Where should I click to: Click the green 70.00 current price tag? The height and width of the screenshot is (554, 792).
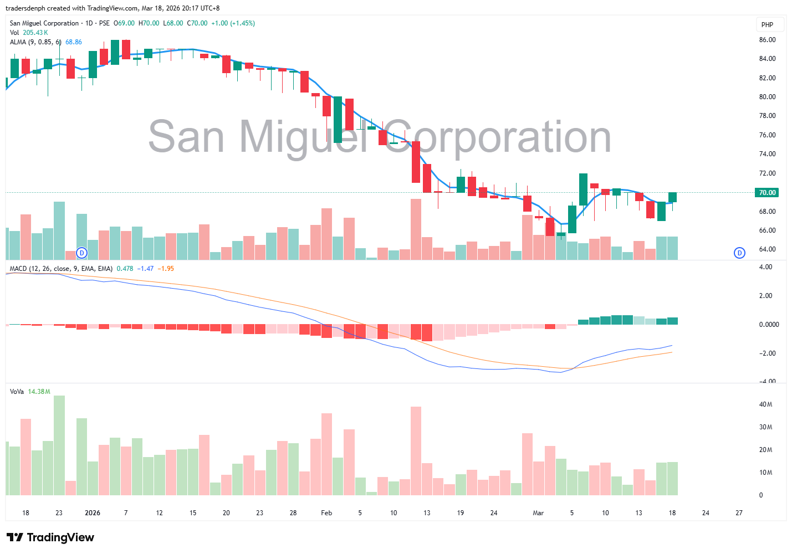[x=767, y=193]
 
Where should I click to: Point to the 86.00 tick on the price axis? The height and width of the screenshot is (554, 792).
[x=767, y=40]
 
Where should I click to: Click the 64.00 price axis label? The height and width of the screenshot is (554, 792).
[x=767, y=249]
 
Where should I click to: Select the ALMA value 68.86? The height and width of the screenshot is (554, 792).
[x=74, y=42]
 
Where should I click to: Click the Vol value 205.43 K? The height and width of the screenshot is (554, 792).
[x=35, y=33]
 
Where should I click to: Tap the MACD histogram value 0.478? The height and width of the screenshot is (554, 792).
[x=125, y=269]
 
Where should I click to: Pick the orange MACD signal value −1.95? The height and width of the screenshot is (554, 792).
[x=166, y=269]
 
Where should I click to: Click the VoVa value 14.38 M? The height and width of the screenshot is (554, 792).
[x=39, y=392]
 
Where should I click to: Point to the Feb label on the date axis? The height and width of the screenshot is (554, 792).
[x=326, y=513]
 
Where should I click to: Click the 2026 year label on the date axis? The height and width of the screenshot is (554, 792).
[x=93, y=513]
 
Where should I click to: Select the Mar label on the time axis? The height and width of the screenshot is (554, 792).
[x=538, y=513]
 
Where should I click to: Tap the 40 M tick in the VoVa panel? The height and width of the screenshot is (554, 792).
[x=765, y=404]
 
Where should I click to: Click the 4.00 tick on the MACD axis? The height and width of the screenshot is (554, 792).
[x=765, y=267]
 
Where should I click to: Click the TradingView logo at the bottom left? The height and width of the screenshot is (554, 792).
[x=50, y=537]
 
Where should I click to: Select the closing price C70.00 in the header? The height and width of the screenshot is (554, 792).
[x=197, y=23]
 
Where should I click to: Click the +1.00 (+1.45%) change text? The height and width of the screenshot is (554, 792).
[x=233, y=23]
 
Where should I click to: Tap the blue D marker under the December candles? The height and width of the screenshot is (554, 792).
[x=81, y=253]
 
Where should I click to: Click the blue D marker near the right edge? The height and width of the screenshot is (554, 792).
[x=739, y=253]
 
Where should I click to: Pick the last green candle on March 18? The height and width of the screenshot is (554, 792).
[x=672, y=197]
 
